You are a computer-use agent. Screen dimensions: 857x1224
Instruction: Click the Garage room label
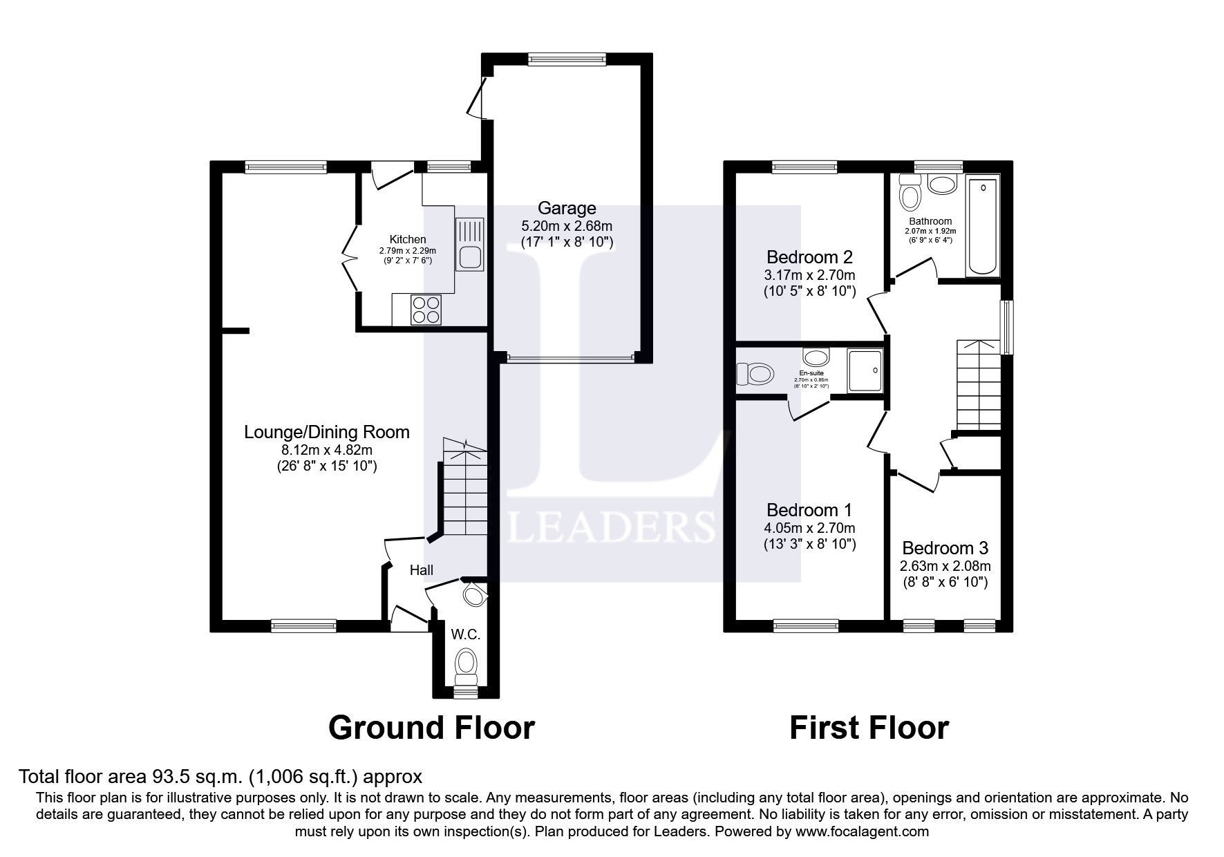click(567, 208)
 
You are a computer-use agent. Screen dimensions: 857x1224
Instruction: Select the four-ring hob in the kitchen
click(426, 310)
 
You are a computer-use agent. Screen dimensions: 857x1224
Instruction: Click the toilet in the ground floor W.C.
click(467, 663)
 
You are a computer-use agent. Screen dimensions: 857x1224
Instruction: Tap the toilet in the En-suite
click(754, 374)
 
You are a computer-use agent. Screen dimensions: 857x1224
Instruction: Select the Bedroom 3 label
click(945, 548)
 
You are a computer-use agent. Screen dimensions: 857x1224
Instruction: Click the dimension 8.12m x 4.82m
click(326, 450)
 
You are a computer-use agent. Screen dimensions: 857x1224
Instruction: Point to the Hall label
click(422, 570)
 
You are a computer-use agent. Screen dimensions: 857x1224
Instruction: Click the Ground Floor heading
click(431, 728)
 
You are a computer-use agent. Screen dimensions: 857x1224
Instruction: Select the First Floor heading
click(869, 728)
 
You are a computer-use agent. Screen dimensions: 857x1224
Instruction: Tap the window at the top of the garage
click(567, 59)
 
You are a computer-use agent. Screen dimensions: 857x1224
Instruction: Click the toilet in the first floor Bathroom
click(910, 193)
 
